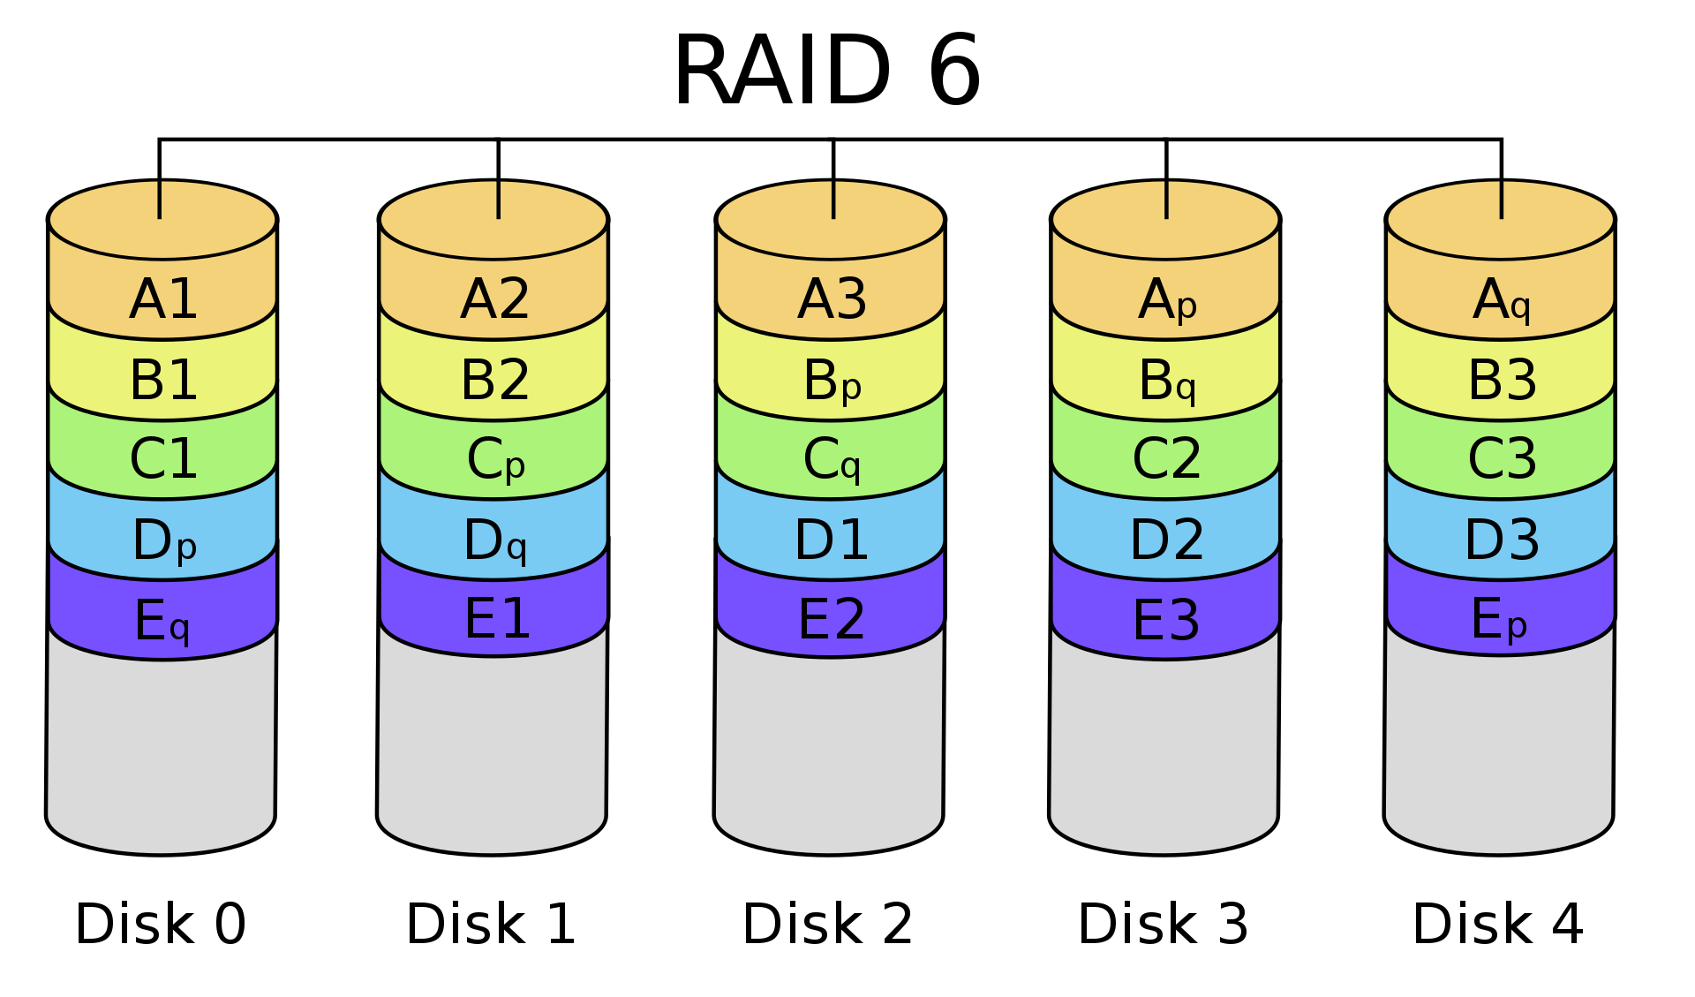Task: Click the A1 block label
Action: click(163, 299)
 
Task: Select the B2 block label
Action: click(495, 380)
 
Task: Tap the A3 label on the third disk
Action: click(832, 299)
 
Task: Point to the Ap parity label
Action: click(1167, 300)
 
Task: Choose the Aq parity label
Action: click(1502, 300)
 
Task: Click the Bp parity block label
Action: click(832, 381)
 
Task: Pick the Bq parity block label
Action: click(1167, 381)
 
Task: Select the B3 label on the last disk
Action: click(1502, 380)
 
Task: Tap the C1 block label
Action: click(163, 459)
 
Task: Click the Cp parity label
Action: click(495, 461)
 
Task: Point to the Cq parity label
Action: click(832, 461)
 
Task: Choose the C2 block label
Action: click(1167, 459)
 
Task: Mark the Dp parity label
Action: click(163, 540)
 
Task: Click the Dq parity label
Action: click(495, 540)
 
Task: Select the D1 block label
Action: click(832, 540)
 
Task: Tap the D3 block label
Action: click(1502, 540)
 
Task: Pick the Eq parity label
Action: click(162, 621)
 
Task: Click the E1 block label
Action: click(497, 618)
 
